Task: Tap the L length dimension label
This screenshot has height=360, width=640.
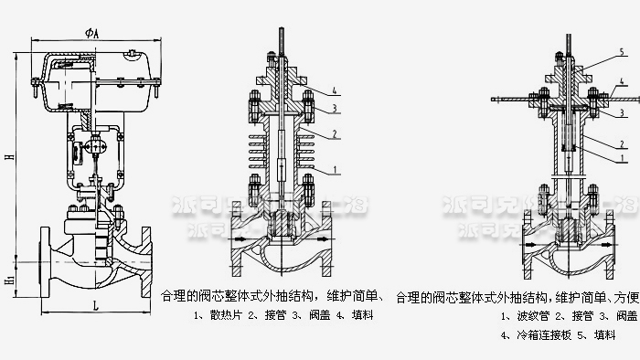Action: [x=96, y=307]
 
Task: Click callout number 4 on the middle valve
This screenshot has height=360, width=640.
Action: [x=336, y=90]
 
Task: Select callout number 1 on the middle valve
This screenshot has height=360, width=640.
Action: [x=336, y=170]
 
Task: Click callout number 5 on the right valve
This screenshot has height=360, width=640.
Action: [x=621, y=53]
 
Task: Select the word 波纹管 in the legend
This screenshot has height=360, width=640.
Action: [x=530, y=315]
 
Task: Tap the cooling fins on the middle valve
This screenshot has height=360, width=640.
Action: [x=280, y=152]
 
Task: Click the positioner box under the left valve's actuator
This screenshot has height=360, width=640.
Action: [x=95, y=147]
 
